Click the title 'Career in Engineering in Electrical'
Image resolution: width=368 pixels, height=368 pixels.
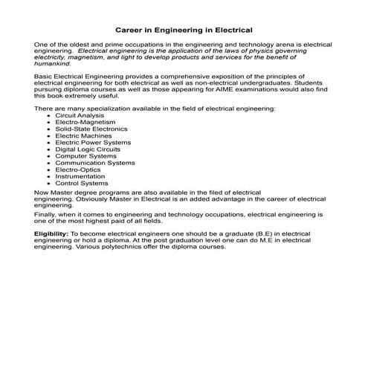[x=184, y=30]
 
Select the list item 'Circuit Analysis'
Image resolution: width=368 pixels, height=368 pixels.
[x=80, y=115]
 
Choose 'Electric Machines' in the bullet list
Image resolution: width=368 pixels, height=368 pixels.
[x=83, y=135]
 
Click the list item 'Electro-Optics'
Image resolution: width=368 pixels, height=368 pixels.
[x=77, y=170]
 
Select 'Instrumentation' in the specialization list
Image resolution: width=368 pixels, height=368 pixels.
[x=80, y=176]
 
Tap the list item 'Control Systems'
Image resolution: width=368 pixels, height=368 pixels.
[x=81, y=183]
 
